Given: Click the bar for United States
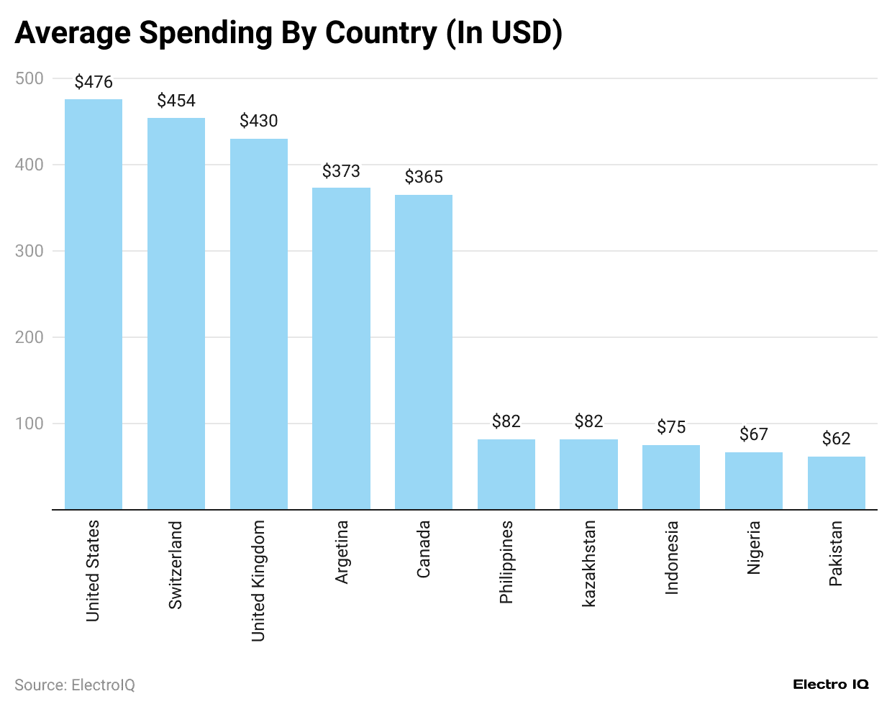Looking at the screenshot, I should coord(94,304).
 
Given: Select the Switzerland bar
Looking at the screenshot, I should coord(176,314).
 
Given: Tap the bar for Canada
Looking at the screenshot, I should coord(424,352).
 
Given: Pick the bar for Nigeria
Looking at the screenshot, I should coord(754,480).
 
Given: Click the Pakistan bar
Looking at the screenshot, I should coord(836,482).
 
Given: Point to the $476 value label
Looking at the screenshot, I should coord(94,82).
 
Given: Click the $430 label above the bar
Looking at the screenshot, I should coord(259,121).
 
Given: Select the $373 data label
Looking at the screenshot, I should coord(341,171).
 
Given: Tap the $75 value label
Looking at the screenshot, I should coord(671,428).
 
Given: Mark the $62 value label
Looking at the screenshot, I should coord(836,439).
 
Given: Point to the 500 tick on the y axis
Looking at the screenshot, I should coord(29,78).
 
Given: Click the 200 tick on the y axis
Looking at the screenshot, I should coord(29,337).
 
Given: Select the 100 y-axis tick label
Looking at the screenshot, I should coord(29,424).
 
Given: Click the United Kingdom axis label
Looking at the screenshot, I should coord(258,581).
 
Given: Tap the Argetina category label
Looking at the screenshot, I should coord(341,552).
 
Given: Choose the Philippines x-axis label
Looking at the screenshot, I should coord(506,562).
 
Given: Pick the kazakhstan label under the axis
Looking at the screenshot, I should coord(588,564).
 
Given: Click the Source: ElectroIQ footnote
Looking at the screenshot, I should coord(75,685).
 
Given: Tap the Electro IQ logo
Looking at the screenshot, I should coord(831,685).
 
